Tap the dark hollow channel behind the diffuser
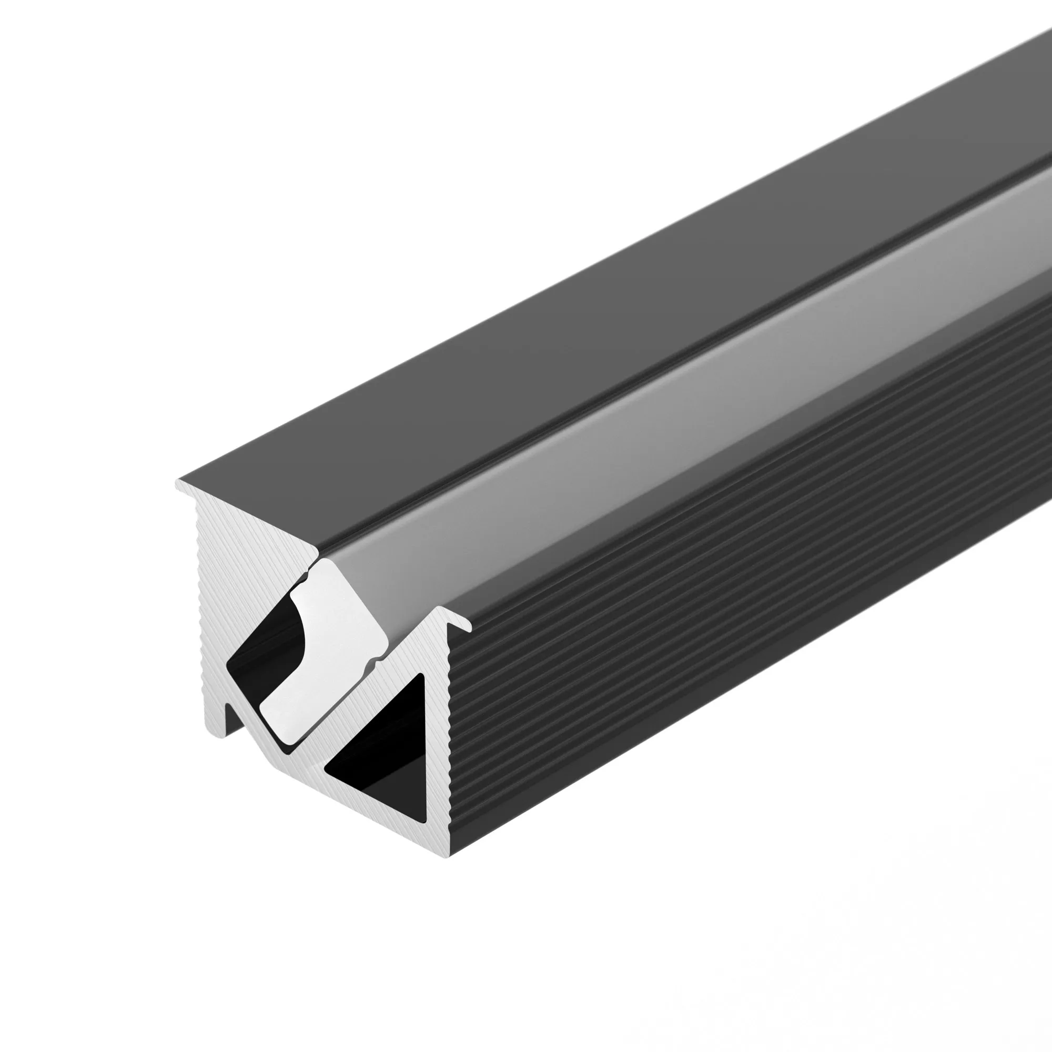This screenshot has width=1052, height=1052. click(x=261, y=653)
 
